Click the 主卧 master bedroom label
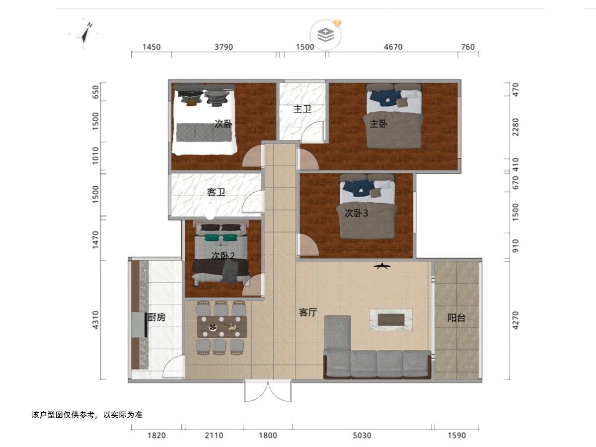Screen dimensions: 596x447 (x=378, y=124)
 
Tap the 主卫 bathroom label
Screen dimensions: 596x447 (x=302, y=109)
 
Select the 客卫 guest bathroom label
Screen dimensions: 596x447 (x=216, y=192)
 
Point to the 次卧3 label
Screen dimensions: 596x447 (x=356, y=213)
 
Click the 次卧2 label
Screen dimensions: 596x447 (x=223, y=255)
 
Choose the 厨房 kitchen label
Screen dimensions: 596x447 (x=156, y=317)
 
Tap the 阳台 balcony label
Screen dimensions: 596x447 (x=456, y=317)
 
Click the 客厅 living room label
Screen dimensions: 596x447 (x=308, y=312)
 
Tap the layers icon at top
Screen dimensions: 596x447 (x=325, y=35)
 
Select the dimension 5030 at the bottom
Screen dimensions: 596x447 (x=362, y=436)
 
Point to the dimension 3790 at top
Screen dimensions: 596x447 (x=223, y=47)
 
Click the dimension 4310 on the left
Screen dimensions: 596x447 (x=95, y=320)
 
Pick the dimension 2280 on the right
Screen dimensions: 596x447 (x=516, y=127)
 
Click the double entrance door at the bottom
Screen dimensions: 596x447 (x=268, y=391)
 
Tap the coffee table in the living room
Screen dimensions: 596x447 (x=391, y=319)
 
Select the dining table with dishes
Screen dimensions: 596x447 (x=222, y=327)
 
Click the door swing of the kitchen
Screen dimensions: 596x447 (x=172, y=366)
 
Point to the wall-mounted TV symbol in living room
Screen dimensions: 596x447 (x=382, y=266)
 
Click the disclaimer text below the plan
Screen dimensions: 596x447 (x=87, y=415)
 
